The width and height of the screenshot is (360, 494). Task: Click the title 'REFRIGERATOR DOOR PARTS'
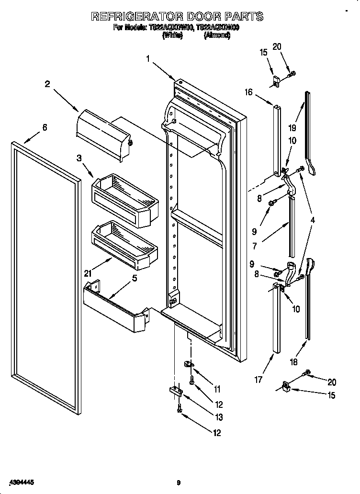point(177,16)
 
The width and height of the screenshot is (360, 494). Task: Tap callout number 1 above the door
point(148,59)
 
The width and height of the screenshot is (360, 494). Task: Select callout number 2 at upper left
point(47,84)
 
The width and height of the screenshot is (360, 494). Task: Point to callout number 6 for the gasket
point(45,127)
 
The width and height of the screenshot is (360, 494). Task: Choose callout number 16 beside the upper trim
point(248,92)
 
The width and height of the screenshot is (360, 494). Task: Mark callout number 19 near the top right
point(292,128)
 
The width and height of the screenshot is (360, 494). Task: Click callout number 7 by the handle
point(255,247)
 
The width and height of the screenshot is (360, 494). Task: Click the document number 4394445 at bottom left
point(21,482)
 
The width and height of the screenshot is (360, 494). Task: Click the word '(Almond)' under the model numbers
point(217,35)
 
